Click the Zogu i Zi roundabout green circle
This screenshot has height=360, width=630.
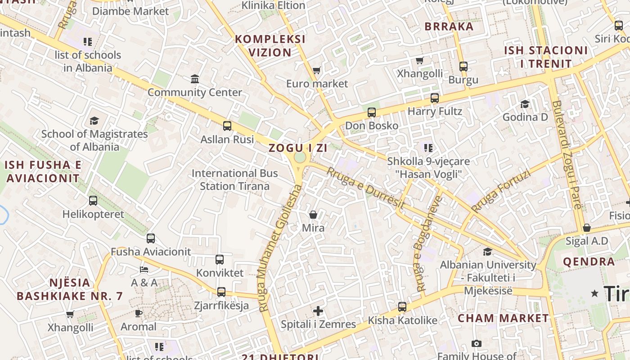(x=300, y=157)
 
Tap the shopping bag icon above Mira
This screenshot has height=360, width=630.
(x=313, y=215)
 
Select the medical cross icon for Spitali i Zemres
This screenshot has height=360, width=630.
(x=318, y=311)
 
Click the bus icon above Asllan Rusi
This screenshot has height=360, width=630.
(x=227, y=126)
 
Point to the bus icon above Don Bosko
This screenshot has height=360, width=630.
(x=372, y=112)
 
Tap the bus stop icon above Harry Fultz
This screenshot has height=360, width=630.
(x=435, y=98)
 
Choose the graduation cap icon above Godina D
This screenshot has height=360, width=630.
(x=525, y=104)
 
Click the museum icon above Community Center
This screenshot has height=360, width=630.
(x=195, y=79)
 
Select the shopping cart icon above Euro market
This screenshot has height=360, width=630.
(x=317, y=71)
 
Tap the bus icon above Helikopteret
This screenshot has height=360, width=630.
(x=93, y=201)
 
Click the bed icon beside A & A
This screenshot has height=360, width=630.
(x=144, y=270)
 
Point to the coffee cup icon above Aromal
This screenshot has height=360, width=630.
(x=139, y=313)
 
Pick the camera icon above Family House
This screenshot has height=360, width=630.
(x=477, y=344)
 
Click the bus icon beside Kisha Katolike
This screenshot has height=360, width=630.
(x=402, y=307)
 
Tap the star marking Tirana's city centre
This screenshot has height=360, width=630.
(x=595, y=293)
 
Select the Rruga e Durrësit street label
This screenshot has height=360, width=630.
(x=365, y=188)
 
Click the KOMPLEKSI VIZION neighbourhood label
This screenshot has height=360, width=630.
(x=270, y=46)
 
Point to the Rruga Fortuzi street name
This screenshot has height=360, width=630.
(x=500, y=191)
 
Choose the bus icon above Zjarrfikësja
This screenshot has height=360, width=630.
(x=221, y=292)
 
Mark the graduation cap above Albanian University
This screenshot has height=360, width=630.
(x=488, y=252)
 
